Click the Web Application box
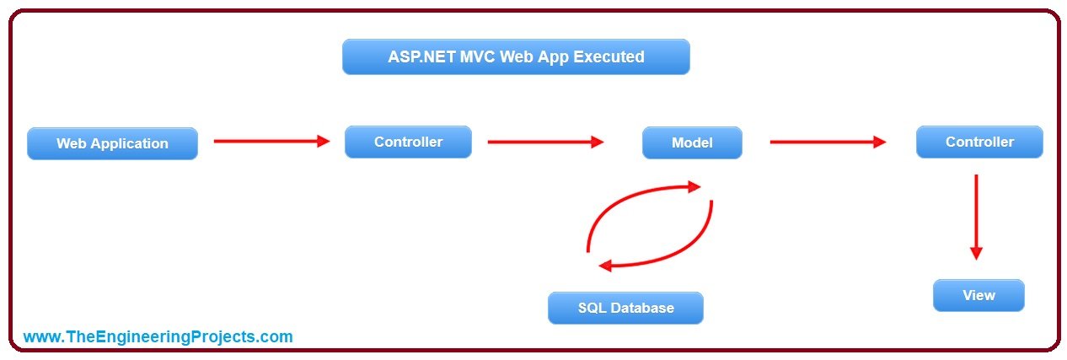[x=112, y=143]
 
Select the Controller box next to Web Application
[x=408, y=142]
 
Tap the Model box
[x=692, y=142]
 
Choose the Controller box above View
[x=979, y=142]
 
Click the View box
[x=979, y=295]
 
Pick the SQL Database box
[x=625, y=308]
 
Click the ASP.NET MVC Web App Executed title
[x=516, y=56]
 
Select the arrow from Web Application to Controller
[x=271, y=141]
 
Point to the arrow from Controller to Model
[x=545, y=142]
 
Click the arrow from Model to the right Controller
[x=828, y=142]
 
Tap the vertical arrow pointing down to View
[x=976, y=217]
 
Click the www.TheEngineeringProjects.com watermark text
[x=158, y=336]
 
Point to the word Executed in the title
[x=609, y=56]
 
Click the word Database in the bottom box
[x=642, y=308]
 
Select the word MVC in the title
[x=478, y=56]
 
